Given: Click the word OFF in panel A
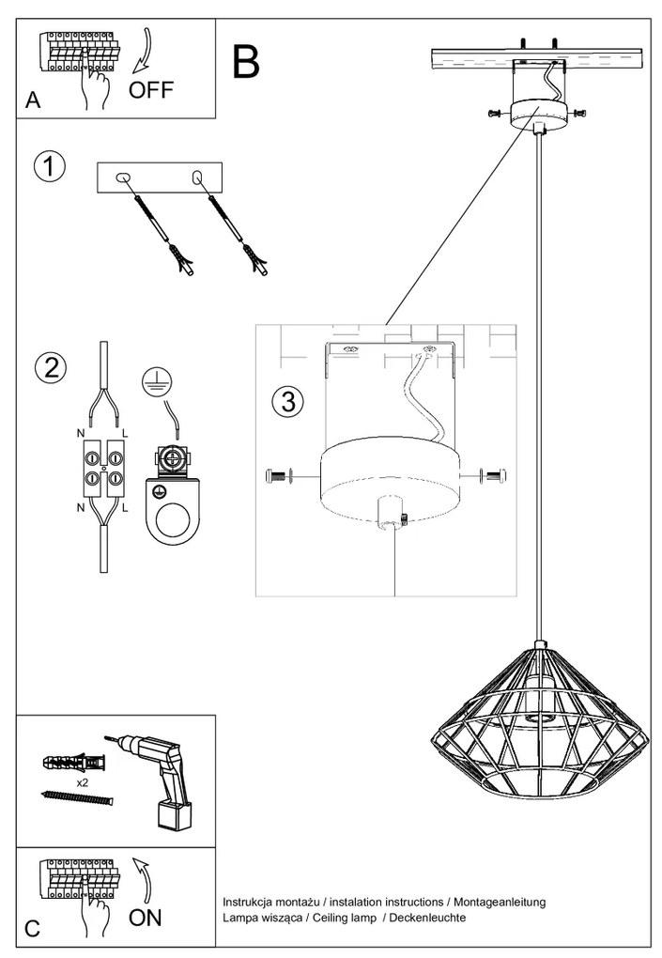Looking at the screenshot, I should pyautogui.click(x=151, y=91).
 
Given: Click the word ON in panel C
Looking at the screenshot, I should pyautogui.click(x=146, y=918).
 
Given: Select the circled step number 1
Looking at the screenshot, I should pyautogui.click(x=50, y=166).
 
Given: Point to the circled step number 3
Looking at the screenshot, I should pyautogui.click(x=288, y=401).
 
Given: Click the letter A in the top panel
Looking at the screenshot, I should pyautogui.click(x=33, y=101).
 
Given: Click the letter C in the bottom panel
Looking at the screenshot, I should pyautogui.click(x=33, y=929).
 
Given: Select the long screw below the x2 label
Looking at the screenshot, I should pyautogui.click(x=78, y=798).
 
